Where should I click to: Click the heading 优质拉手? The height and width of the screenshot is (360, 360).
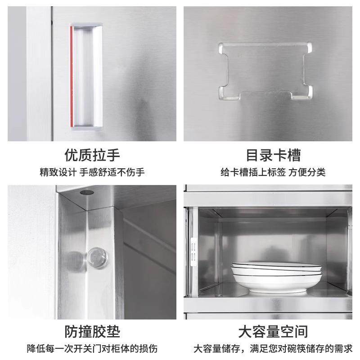pyautogui.click(x=92, y=155)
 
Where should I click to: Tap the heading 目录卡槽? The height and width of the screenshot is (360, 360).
pyautogui.click(x=273, y=155)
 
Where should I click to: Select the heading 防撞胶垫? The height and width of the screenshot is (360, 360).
pyautogui.click(x=92, y=332)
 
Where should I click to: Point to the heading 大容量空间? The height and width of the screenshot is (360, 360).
pyautogui.click(x=273, y=332)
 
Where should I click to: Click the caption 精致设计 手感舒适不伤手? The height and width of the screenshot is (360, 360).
pyautogui.click(x=92, y=172)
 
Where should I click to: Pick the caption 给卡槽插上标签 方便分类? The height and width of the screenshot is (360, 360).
pyautogui.click(x=273, y=172)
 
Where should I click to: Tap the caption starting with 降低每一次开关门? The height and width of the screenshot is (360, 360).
pyautogui.click(x=92, y=349)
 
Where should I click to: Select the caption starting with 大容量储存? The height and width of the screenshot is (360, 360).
pyautogui.click(x=273, y=349)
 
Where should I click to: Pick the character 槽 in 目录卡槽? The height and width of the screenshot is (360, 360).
pyautogui.click(x=293, y=155)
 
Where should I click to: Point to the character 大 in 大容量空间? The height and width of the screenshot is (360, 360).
pyautogui.click(x=245, y=332)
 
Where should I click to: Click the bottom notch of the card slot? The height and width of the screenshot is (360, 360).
pyautogui.click(x=265, y=95)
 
